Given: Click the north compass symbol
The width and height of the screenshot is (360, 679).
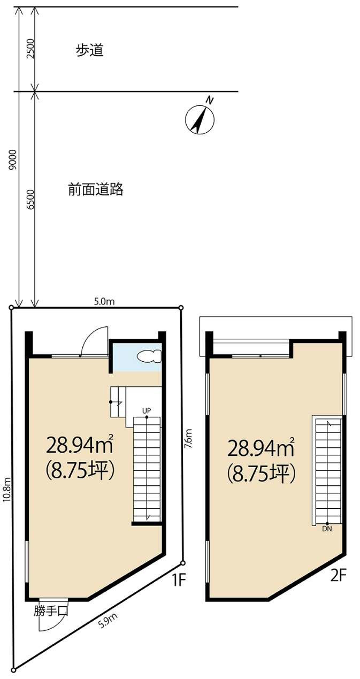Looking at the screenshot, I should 200,118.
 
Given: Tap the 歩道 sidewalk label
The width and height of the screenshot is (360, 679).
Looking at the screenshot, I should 89,51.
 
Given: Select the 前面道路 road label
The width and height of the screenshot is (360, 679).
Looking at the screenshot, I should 96,189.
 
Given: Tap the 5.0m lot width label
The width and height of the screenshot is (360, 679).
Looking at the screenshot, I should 104,302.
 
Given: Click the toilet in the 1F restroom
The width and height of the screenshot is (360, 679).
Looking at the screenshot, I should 148,356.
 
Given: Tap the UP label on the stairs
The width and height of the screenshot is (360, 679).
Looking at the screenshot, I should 146,410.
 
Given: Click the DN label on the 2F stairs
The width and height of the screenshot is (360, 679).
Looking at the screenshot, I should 327,529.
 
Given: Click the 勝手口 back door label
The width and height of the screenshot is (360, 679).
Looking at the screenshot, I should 50,611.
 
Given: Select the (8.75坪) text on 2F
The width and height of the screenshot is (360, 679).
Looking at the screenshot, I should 262,472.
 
